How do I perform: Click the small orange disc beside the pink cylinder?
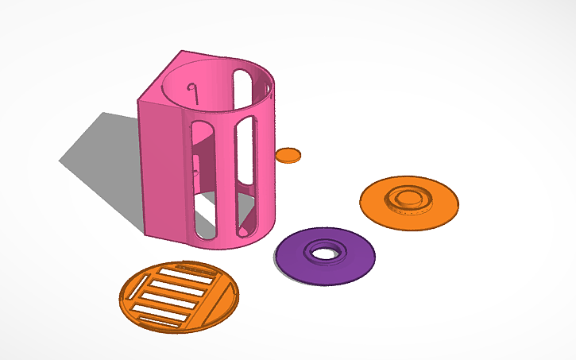289,155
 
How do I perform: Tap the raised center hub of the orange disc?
409,197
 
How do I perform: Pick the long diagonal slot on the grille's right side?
214,299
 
